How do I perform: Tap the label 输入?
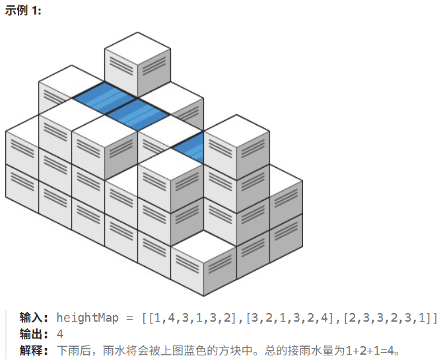coord(34,318)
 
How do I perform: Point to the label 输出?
coord(34,334)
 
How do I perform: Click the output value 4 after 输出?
coord(60,334)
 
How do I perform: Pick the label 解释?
coord(34,350)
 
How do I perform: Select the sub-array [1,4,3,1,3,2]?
coord(195,318)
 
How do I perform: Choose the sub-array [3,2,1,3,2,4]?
coord(292,318)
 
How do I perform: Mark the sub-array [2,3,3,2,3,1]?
coord(388,318)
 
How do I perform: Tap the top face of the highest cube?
coord(138,48)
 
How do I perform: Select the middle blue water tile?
coord(137,114)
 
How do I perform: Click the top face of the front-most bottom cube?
coord(203,246)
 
